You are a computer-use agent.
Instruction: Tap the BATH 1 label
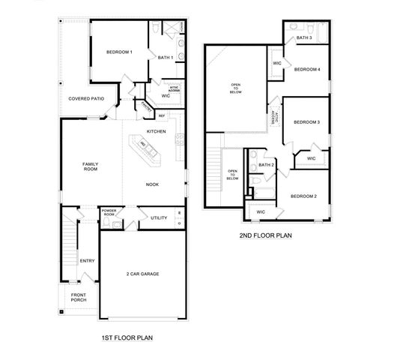click(x=165, y=57)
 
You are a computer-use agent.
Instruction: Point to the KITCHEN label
click(x=156, y=131)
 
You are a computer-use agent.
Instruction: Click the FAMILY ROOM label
click(x=90, y=166)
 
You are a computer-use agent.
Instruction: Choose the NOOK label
click(x=152, y=183)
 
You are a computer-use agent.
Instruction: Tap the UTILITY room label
click(x=159, y=217)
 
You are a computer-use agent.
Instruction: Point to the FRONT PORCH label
click(x=78, y=298)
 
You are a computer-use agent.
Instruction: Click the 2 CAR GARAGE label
click(x=142, y=274)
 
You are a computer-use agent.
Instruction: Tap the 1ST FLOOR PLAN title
click(x=127, y=338)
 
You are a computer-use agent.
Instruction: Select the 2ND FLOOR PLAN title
click(x=265, y=235)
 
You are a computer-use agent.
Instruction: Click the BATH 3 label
click(x=303, y=37)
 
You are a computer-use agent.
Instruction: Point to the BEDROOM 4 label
click(x=307, y=70)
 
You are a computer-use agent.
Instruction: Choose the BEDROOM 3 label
click(x=306, y=121)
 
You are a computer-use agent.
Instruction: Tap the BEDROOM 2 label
click(x=304, y=196)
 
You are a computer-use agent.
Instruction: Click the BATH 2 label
click(x=267, y=164)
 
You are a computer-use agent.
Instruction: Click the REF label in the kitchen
click(x=161, y=115)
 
